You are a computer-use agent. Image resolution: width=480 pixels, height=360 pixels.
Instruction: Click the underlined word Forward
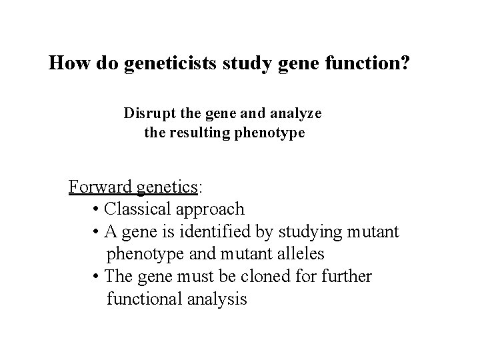click(x=100, y=186)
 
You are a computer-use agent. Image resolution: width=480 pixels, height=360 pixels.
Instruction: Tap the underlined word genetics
click(x=167, y=186)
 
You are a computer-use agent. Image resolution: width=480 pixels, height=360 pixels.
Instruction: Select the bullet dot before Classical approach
click(x=97, y=209)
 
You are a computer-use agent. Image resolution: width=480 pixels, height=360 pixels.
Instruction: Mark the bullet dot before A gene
click(x=97, y=232)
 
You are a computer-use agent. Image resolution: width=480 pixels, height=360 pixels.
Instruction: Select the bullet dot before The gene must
click(x=97, y=277)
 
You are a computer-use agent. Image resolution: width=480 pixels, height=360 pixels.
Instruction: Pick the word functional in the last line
click(x=146, y=299)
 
